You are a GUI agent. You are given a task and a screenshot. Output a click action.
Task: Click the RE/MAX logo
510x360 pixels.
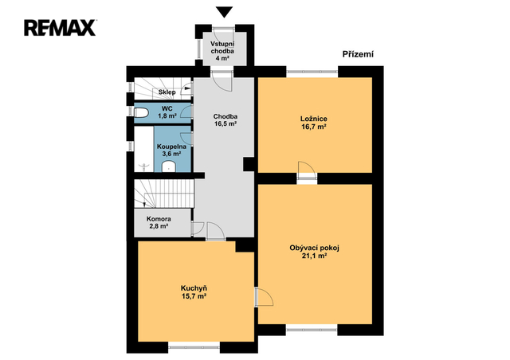tap(60, 28)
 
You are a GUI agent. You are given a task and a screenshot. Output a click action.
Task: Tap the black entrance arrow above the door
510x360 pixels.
tap(224, 12)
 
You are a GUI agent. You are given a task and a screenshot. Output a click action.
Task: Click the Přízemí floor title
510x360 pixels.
tap(358, 54)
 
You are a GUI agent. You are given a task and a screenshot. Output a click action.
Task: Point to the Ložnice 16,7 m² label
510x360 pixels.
tap(314, 123)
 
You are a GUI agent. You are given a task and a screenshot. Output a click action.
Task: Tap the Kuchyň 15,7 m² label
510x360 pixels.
tap(194, 292)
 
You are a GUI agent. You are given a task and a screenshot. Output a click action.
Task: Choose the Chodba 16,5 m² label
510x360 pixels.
tap(225, 120)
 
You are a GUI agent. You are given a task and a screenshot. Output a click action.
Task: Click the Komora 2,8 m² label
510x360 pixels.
tap(159, 222)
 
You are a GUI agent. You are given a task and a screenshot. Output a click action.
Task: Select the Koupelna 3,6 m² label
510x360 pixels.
tap(172, 150)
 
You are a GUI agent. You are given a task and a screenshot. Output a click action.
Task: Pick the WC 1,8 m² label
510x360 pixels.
tap(167, 112)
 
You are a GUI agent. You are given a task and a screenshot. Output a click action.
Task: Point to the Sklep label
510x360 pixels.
tap(167, 92)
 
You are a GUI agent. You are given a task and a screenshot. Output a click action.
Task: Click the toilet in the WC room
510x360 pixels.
tap(142, 113)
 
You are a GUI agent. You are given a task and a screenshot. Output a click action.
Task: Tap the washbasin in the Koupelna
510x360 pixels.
tap(168, 166)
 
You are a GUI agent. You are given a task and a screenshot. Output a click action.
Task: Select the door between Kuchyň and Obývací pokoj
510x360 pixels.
tap(264, 296)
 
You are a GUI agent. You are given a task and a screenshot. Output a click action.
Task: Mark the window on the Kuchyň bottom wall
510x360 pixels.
tap(194, 347)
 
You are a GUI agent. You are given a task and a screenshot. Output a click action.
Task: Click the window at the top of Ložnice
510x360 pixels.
tap(312, 72)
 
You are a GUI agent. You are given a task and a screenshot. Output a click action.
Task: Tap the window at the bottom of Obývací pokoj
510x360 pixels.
tap(312, 330)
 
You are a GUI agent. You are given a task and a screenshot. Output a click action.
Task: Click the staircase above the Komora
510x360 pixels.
tap(164, 194)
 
